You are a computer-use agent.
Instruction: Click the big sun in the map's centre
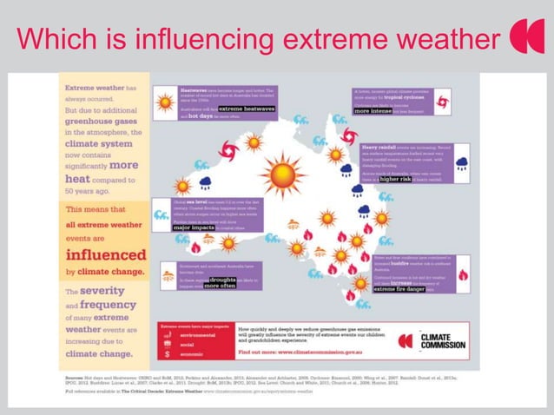[283, 175]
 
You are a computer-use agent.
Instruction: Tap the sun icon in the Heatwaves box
[164, 102]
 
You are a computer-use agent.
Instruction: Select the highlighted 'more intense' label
[374, 111]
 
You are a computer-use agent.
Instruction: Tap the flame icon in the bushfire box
[462, 274]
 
